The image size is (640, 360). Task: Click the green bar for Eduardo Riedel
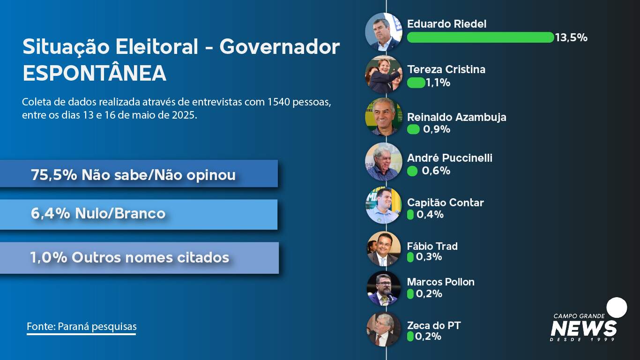[x=480, y=37]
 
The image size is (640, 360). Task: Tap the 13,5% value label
[x=571, y=37]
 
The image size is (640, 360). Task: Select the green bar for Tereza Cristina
[x=416, y=82]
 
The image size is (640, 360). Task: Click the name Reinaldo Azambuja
[x=456, y=117]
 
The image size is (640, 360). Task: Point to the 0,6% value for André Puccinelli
[x=436, y=171]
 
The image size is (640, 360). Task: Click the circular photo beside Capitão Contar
[x=383, y=205]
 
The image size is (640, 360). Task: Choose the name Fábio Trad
[x=432, y=246]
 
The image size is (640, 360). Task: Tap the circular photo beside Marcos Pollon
[x=383, y=288]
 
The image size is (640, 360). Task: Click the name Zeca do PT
[x=434, y=325]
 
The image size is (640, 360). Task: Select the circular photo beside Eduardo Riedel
[x=383, y=32]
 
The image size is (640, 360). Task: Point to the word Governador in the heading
[x=280, y=47]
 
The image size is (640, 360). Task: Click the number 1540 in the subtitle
[x=279, y=102]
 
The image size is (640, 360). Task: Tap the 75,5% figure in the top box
[x=54, y=175]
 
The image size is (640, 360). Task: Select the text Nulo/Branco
[x=120, y=213]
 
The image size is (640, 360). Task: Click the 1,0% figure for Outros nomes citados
[x=49, y=257]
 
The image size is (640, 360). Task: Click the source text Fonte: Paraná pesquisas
[x=82, y=326]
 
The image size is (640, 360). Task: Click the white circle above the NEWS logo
[x=617, y=307]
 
